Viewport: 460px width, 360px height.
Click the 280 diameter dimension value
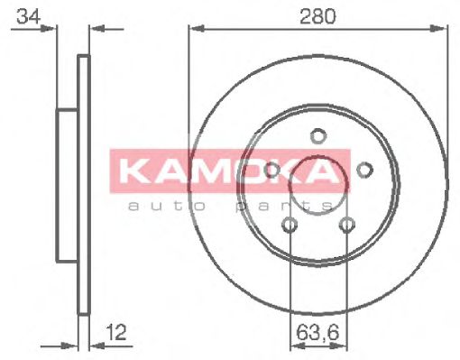[x=317, y=15]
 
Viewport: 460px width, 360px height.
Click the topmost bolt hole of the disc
[x=317, y=137]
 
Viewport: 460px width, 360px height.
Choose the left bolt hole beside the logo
[x=271, y=169]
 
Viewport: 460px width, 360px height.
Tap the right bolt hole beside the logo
[x=364, y=169]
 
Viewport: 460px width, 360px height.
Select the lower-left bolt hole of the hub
[x=290, y=225]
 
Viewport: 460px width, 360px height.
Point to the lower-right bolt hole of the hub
[x=345, y=225]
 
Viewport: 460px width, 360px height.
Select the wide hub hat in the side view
[x=68, y=185]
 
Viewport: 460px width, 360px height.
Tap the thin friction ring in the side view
[x=84, y=271]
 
